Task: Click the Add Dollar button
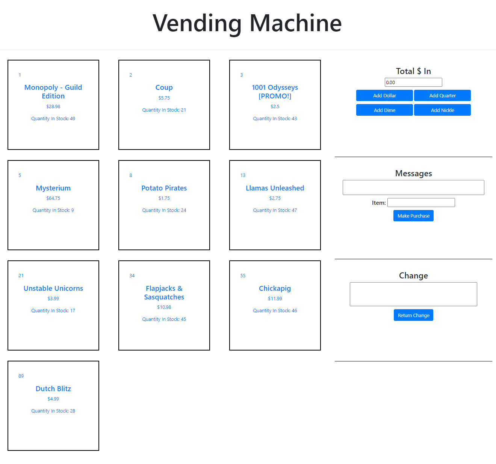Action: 384,95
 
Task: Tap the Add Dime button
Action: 384,110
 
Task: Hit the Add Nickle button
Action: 442,110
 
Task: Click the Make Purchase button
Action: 413,216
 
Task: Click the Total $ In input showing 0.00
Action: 413,82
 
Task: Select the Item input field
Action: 421,203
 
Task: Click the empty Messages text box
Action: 413,187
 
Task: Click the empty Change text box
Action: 413,294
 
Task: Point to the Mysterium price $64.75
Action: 53,198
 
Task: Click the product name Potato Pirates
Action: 164,188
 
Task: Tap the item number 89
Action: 21,376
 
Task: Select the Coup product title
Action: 164,88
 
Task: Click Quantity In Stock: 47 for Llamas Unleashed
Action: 275,210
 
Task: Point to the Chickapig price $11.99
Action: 275,299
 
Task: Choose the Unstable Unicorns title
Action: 53,289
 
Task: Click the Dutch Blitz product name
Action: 53,389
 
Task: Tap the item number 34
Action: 132,276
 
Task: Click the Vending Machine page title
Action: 247,23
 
